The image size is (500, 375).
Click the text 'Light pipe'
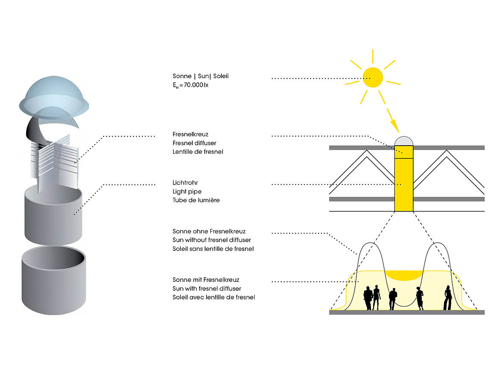[x=187, y=191]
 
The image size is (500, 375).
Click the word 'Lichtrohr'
[x=185, y=183]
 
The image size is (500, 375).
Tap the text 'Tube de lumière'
[x=196, y=200]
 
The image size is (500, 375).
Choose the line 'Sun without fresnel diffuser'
[x=212, y=240]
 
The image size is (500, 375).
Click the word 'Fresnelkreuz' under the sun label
[x=190, y=134]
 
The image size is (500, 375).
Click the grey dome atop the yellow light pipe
[x=404, y=141]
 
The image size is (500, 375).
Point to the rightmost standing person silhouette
[x=447, y=298]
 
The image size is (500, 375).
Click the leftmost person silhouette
[x=368, y=299]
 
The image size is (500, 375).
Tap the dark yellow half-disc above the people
[x=404, y=275]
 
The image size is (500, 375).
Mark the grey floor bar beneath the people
[x=406, y=312]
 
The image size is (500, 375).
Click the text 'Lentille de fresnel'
[x=198, y=152]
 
